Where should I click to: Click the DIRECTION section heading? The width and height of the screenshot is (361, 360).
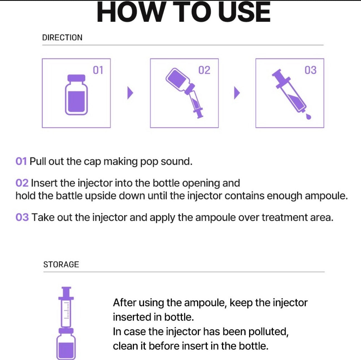[x=62, y=38]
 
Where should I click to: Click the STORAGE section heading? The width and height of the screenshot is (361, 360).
[x=61, y=264]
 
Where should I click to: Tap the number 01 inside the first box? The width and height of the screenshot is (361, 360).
[x=98, y=70]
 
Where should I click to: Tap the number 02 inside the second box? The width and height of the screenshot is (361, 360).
[x=204, y=70]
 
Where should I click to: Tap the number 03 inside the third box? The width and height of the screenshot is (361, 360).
[x=310, y=70]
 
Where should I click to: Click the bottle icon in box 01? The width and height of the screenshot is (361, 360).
[x=76, y=95]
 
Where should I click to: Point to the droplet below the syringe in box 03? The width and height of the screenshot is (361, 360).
[x=308, y=117]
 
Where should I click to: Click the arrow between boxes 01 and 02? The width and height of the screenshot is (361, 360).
[x=130, y=93]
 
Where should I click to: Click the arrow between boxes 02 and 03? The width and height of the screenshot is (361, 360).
[x=237, y=93]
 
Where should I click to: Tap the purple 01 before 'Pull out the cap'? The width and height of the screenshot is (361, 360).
[x=21, y=161]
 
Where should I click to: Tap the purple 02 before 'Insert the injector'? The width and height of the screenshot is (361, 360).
[x=22, y=183]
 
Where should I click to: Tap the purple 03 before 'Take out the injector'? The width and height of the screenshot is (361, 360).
[x=22, y=217]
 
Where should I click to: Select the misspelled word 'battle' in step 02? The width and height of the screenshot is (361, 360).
[x=69, y=196]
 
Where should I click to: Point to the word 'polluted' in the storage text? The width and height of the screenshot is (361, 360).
[x=268, y=331]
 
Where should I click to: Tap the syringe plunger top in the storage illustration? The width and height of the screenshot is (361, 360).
[x=66, y=289]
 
